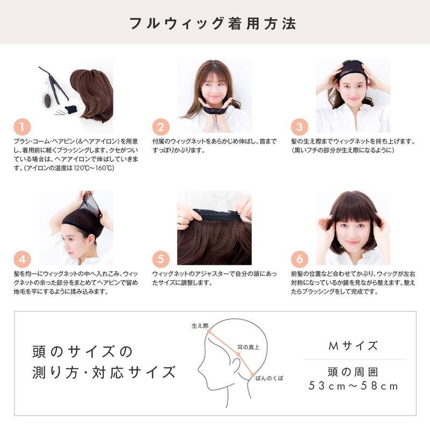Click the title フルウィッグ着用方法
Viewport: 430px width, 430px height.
pos(214,24)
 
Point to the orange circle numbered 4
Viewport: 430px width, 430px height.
pos(21,259)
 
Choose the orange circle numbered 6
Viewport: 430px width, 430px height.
pos(299,259)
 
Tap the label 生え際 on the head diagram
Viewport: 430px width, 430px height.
pos(199,326)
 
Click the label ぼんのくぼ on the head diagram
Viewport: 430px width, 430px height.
pos(270,378)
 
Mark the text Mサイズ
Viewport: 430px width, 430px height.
pos(353,345)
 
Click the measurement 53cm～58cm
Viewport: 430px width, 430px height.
pos(353,386)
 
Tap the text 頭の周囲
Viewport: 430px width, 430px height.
pos(353,371)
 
